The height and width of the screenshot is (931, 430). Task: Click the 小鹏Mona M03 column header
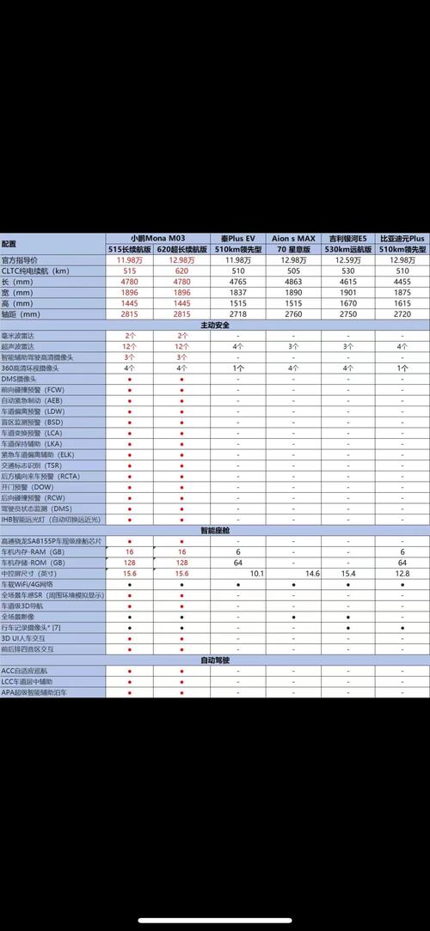point(157,237)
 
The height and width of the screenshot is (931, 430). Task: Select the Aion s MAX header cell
point(294,237)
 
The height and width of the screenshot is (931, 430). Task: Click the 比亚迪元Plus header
point(402,237)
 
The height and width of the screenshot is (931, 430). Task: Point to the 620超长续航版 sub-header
point(183,248)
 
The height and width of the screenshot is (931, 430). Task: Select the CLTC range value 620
point(182,271)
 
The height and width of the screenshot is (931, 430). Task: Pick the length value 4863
point(294,282)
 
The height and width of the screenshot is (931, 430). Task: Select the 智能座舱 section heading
point(214,531)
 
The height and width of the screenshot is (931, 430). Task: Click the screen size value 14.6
point(311,572)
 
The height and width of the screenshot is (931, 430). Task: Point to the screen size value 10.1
point(256,572)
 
